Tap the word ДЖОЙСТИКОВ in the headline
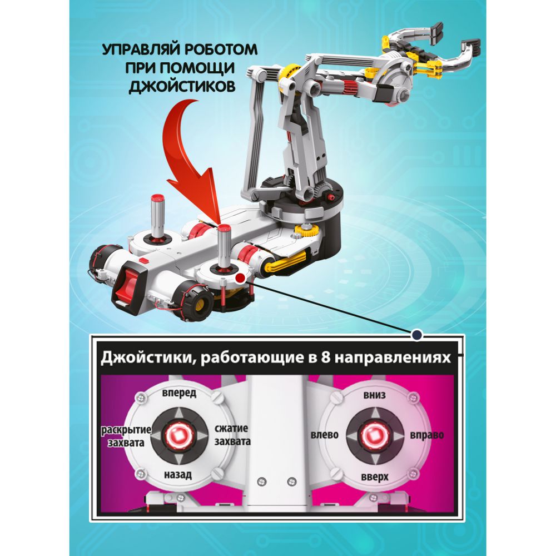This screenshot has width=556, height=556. pyautogui.click(x=182, y=87)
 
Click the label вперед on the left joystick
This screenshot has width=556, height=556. pyautogui.click(x=179, y=393)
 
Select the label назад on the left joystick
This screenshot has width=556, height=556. pyautogui.click(x=178, y=474)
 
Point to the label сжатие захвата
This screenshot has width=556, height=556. pyautogui.click(x=232, y=435)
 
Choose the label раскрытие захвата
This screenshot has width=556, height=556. pyautogui.click(x=126, y=436)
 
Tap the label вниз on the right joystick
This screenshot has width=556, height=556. pyautogui.click(x=374, y=395)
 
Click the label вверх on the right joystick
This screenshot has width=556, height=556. pyautogui.click(x=375, y=477)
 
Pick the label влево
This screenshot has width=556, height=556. pyautogui.click(x=325, y=435)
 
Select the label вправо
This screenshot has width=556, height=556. pyautogui.click(x=426, y=435)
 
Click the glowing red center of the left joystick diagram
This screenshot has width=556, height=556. pyautogui.click(x=178, y=435)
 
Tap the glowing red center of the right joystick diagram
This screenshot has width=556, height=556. pyautogui.click(x=375, y=435)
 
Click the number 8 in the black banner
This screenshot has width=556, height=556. pyautogui.click(x=325, y=358)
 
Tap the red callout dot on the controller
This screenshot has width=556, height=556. pyautogui.click(x=241, y=278)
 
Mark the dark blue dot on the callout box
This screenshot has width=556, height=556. pyautogui.click(x=416, y=334)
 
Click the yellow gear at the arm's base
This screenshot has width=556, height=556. pyautogui.click(x=305, y=231)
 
